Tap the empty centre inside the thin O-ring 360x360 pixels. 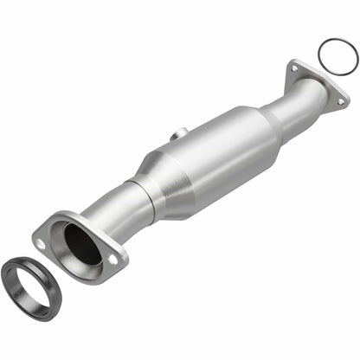click(337, 55)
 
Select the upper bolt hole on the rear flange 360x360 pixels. click(295, 68)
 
